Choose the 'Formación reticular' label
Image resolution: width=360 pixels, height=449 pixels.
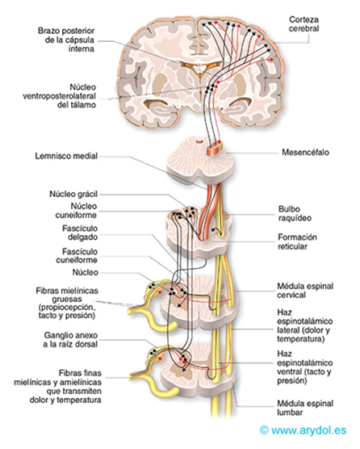pos(295,243)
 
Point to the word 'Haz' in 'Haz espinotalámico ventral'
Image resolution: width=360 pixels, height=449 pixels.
pos(285,353)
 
